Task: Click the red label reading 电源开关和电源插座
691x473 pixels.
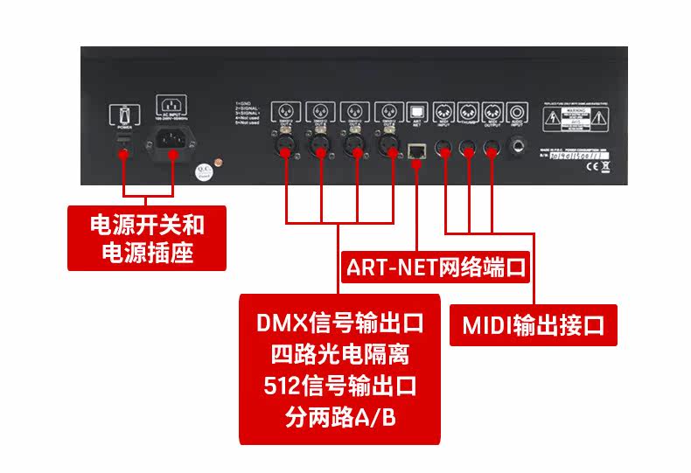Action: click(x=147, y=239)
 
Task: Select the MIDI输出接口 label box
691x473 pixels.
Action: click(x=534, y=326)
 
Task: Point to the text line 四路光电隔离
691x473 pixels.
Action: click(x=339, y=356)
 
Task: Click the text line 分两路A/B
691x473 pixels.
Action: click(x=339, y=417)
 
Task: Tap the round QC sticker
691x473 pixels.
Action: click(x=203, y=170)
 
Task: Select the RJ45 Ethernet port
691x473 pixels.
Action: click(x=416, y=149)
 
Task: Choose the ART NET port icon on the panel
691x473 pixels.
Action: click(x=416, y=112)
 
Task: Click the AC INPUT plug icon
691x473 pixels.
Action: click(x=171, y=105)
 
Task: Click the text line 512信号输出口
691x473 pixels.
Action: click(x=339, y=386)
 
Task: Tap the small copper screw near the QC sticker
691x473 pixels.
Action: click(x=220, y=163)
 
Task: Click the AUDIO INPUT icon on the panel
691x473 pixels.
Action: click(x=520, y=112)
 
